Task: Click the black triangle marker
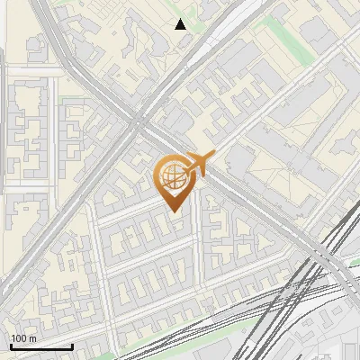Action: point(181,24)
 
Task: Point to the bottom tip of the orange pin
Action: point(172,211)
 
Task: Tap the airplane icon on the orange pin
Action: point(194,164)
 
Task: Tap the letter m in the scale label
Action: point(32,338)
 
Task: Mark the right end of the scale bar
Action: point(72,346)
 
